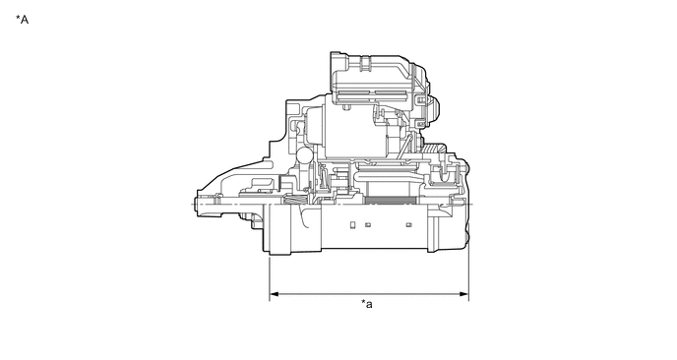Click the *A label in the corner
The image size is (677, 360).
[22, 20]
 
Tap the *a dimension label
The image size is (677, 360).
[367, 304]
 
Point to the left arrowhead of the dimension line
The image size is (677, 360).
[274, 294]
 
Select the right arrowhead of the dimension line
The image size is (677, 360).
[464, 294]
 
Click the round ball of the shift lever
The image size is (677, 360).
[304, 155]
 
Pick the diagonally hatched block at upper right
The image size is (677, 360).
[432, 149]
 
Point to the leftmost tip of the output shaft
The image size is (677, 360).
[195, 205]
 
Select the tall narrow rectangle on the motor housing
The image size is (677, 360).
[352, 225]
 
